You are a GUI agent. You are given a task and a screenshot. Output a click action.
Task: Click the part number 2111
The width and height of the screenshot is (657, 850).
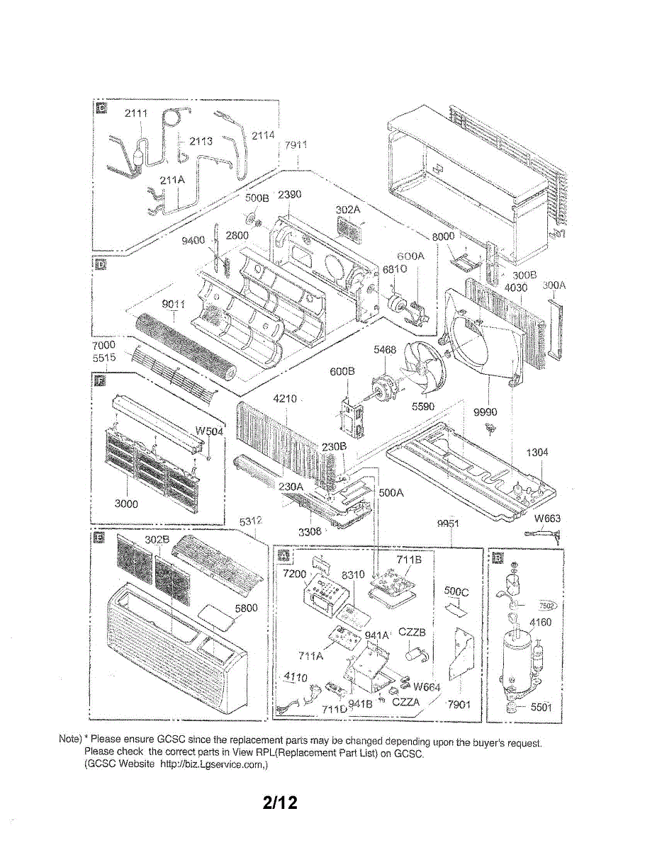pos(136,115)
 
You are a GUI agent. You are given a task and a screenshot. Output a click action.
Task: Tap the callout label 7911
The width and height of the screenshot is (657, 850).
pos(296,145)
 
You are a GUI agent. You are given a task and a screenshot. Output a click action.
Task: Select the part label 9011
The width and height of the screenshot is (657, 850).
pos(174,305)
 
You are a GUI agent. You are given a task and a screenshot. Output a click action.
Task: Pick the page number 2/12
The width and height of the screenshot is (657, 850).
pos(279,803)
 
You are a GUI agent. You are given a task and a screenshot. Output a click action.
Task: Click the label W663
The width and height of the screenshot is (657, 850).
pos(547,518)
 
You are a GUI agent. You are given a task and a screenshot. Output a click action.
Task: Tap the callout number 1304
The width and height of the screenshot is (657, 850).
pos(537,453)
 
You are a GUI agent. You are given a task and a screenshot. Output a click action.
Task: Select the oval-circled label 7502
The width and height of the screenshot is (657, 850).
pos(547,606)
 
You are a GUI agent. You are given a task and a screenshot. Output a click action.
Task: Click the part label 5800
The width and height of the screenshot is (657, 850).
pos(245,608)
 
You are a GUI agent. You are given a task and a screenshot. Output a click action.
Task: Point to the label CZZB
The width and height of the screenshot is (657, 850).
pos(412,632)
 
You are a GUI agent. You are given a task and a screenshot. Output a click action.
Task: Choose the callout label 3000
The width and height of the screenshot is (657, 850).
pos(126,504)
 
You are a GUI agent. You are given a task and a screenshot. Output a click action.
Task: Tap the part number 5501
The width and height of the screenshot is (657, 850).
pos(541,706)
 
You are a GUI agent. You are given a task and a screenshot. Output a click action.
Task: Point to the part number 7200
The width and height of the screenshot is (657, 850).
pos(294,573)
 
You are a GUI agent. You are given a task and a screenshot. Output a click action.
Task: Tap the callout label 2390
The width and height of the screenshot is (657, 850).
pos(290,195)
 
